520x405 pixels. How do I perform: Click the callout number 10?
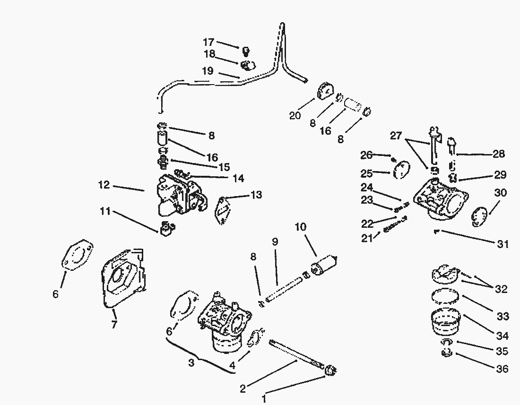click(301, 226)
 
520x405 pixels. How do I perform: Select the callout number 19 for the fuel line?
click(208, 71)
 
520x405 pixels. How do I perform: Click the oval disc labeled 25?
click(400, 170)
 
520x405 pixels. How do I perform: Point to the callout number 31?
click(503, 244)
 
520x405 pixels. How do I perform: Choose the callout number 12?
click(104, 185)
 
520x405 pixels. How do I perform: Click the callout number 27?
click(396, 136)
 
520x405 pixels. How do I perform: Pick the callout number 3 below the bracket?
click(191, 363)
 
